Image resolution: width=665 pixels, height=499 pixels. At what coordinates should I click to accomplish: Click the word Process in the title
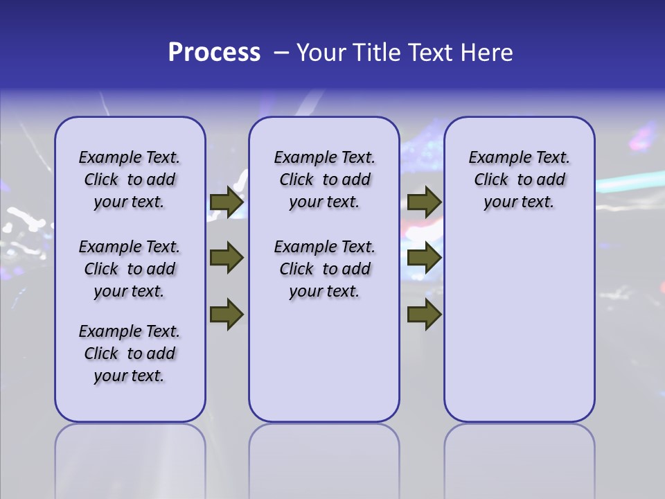pos(214,52)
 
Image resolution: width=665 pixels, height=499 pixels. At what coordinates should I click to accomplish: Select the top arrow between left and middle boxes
pos(227,202)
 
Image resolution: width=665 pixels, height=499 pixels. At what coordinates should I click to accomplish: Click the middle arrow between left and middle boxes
pos(227,258)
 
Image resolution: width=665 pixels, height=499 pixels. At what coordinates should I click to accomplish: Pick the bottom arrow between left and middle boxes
pos(227,314)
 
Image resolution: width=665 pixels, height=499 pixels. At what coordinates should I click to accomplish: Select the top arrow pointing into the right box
pos(424,202)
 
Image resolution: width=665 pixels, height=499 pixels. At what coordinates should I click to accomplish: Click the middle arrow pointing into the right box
pos(424,258)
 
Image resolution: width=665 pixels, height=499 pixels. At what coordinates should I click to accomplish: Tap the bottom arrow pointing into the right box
pos(424,314)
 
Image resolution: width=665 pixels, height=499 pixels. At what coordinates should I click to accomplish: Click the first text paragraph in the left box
pos(130,180)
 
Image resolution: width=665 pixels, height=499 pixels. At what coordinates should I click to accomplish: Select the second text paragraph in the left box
pos(130,269)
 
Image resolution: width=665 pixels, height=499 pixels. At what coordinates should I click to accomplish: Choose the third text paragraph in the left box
pos(130,353)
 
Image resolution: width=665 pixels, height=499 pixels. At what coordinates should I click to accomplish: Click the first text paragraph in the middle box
pos(324,180)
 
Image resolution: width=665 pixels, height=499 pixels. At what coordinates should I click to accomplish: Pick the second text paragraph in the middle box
pos(324,269)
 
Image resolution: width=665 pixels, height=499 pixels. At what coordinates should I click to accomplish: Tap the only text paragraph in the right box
pos(519,180)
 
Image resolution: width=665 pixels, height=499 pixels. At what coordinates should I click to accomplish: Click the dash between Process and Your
pos(281,53)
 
